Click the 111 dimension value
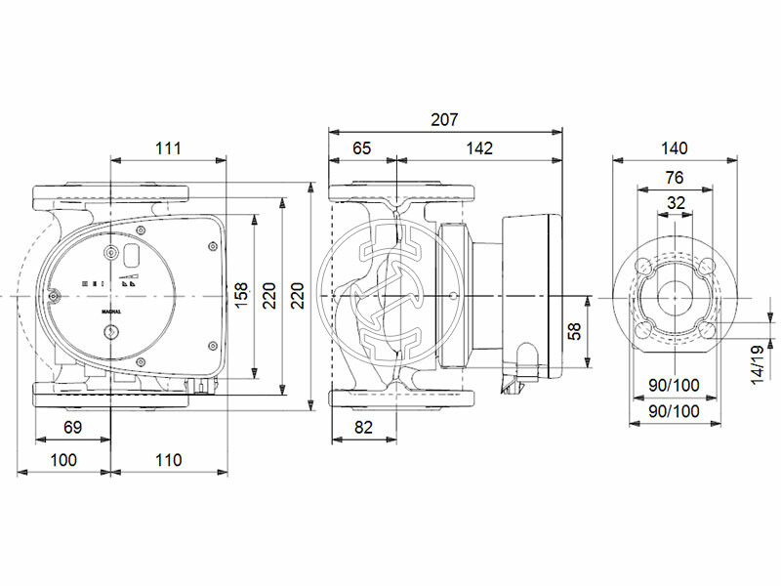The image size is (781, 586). (x=169, y=148)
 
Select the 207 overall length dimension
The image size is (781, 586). (x=445, y=119)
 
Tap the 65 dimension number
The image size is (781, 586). (x=361, y=148)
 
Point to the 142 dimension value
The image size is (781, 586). (x=478, y=148)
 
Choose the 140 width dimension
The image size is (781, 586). (x=674, y=148)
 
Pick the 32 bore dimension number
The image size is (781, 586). (x=674, y=203)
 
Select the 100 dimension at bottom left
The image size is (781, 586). (x=63, y=460)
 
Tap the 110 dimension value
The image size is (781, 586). (x=168, y=460)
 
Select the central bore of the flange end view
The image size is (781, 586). (x=674, y=296)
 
